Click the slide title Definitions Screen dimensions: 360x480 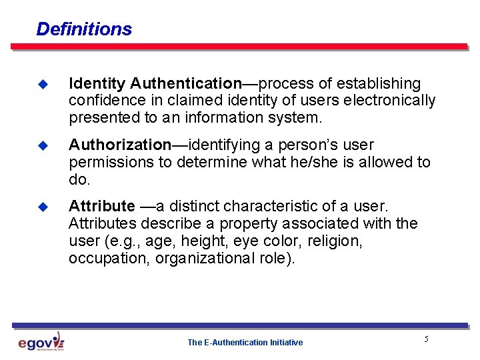tap(84, 29)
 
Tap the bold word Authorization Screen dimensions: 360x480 tap(120, 145)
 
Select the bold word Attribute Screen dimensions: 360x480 tap(101, 206)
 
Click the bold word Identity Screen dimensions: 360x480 tap(97, 84)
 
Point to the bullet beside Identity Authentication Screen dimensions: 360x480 tap(44, 85)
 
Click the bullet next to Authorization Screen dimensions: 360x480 tap(44, 145)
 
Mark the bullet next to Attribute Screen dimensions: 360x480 tap(44, 207)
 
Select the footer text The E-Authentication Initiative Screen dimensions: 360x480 tap(245, 343)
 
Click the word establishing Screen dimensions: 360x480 tap(379, 84)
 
